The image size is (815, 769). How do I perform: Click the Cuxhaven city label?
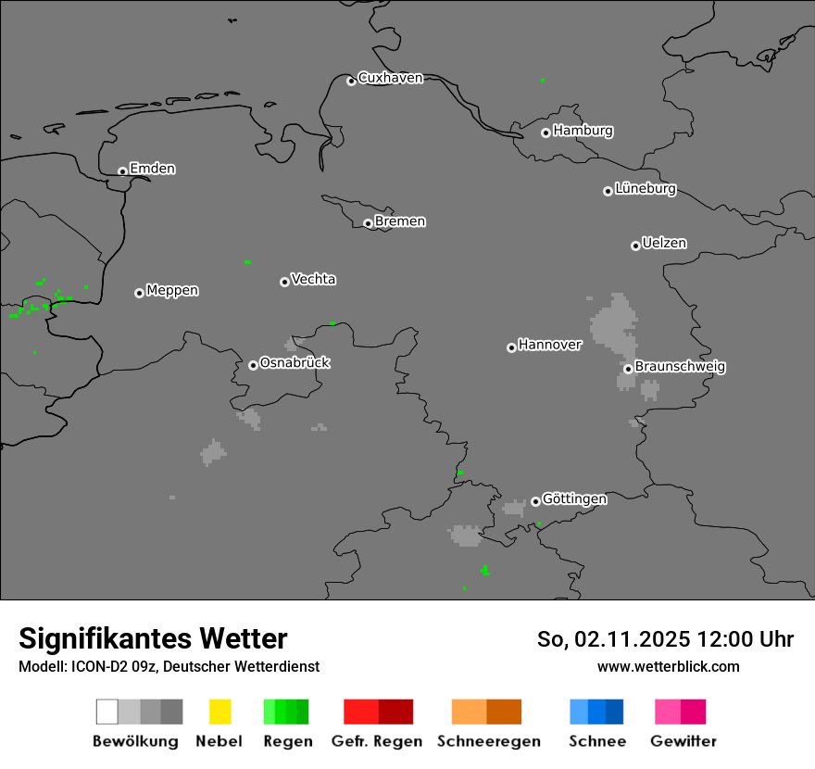tap(390, 78)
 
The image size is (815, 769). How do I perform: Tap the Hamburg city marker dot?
tap(545, 132)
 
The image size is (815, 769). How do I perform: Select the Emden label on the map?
tap(152, 169)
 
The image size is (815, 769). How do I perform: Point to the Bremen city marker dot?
tap(368, 223)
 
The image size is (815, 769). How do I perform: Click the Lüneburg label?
tap(646, 188)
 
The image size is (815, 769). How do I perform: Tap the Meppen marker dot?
tap(139, 293)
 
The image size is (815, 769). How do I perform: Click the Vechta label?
tap(313, 279)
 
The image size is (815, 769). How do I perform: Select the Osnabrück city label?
tap(295, 362)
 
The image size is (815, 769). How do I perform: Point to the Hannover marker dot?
tap(511, 347)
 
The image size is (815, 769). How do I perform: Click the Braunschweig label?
tap(680, 366)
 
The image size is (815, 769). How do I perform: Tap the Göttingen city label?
tap(574, 498)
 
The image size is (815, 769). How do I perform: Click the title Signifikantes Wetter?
tap(153, 638)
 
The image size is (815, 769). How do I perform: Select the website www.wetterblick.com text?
tap(668, 666)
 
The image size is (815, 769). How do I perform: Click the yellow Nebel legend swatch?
tap(219, 712)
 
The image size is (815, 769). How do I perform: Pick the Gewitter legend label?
tap(683, 741)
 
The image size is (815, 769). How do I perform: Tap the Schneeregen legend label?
tap(487, 741)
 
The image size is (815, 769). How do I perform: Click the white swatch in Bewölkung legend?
tap(107, 712)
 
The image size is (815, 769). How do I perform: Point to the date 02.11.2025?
tap(633, 639)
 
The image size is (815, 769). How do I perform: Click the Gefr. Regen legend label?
tap(377, 741)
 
